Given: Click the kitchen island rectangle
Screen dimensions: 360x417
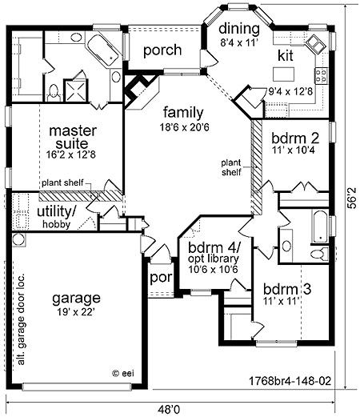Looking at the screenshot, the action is [283, 74].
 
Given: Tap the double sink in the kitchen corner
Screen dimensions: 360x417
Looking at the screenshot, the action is [316, 44].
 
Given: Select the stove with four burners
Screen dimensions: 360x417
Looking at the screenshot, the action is [321, 75].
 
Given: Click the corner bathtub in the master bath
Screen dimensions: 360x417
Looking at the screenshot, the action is [103, 50].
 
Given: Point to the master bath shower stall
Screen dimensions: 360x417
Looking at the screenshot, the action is [75, 90].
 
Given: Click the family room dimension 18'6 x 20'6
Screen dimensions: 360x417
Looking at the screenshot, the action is [185, 127].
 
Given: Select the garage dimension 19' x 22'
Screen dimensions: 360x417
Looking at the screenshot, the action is [76, 312].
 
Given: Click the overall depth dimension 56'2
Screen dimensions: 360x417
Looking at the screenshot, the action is [352, 198].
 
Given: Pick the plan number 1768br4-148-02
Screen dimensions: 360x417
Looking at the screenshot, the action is [290, 380].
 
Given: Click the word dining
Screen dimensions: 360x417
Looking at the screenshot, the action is [239, 29].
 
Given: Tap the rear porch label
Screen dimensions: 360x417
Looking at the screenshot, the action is [162, 50].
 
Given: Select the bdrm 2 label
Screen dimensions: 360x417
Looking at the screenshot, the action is [295, 138].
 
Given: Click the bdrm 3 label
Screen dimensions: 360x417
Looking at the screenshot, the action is [287, 289].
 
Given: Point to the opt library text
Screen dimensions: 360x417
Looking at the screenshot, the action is [214, 259].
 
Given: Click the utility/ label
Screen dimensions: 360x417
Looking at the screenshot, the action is [57, 211].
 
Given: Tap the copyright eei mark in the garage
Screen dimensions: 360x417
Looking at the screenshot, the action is [123, 373].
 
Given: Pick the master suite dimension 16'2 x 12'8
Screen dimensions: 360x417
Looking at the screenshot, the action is [71, 154].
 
